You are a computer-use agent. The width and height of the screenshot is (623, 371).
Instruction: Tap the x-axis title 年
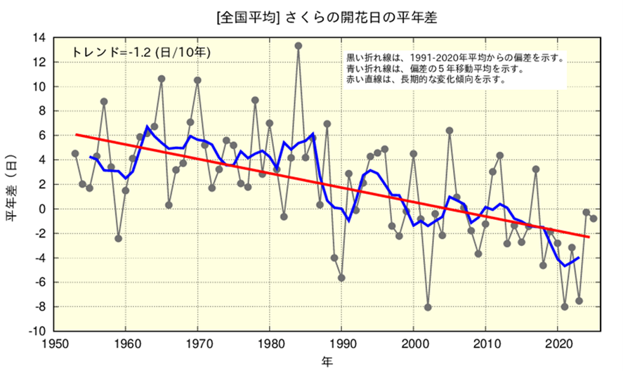click(x=327, y=360)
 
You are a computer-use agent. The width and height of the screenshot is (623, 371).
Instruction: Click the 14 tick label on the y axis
click(x=40, y=37)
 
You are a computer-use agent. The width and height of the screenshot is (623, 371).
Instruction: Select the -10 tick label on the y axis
click(x=38, y=331)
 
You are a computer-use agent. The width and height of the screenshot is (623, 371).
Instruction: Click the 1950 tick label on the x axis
click(x=53, y=344)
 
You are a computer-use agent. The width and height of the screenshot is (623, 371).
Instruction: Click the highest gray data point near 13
click(x=299, y=46)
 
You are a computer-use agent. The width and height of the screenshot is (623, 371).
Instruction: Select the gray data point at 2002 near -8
click(x=428, y=307)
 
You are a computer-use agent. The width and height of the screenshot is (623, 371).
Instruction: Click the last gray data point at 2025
click(x=594, y=219)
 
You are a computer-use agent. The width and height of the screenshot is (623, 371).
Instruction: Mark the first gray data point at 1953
click(x=75, y=153)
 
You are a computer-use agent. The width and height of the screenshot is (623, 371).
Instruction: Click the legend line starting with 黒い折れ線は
click(x=455, y=58)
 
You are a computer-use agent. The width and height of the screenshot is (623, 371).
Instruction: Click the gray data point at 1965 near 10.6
click(x=162, y=79)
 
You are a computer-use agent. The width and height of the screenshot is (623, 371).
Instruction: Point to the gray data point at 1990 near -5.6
click(x=341, y=278)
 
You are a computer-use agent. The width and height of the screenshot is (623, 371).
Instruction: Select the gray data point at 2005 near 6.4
click(x=450, y=131)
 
